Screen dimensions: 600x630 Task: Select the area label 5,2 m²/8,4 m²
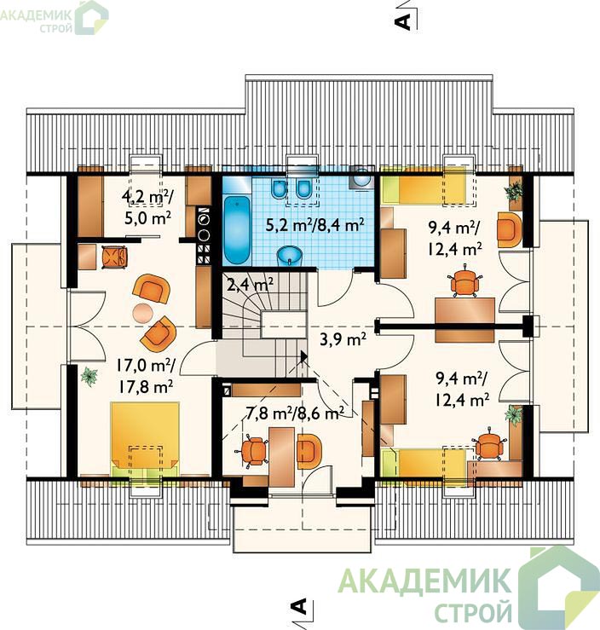[x=315, y=225]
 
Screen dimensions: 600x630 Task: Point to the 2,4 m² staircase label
[x=251, y=285]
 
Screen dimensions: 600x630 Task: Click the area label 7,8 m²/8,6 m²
[x=294, y=413]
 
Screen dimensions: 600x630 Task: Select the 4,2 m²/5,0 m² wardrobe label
[x=147, y=207]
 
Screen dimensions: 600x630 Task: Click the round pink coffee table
[x=143, y=314]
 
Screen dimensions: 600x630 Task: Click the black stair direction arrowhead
[x=303, y=356]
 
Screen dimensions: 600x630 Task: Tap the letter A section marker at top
[x=403, y=21]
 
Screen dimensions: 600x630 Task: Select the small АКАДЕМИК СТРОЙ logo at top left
[x=55, y=17]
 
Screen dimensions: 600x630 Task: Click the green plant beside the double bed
[x=89, y=377]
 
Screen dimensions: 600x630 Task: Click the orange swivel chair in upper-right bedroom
[x=464, y=281]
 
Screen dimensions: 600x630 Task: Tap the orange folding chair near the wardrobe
[x=114, y=257]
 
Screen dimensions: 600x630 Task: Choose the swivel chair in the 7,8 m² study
[x=252, y=450]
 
